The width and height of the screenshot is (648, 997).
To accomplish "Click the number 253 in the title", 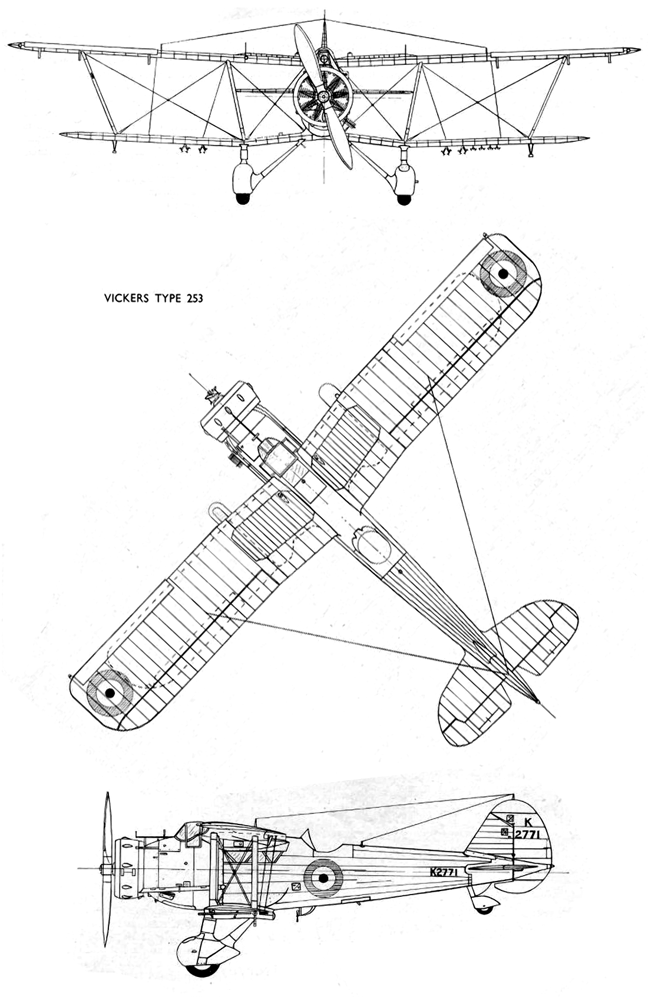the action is pyautogui.click(x=194, y=298).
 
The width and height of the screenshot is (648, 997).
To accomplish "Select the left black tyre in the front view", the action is pyautogui.click(x=243, y=199).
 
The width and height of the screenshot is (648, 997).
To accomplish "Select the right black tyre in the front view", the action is pyautogui.click(x=404, y=199).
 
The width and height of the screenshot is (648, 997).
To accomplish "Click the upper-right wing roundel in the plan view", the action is pyautogui.click(x=504, y=273).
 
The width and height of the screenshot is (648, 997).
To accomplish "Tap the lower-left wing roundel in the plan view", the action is pyautogui.click(x=110, y=691).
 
